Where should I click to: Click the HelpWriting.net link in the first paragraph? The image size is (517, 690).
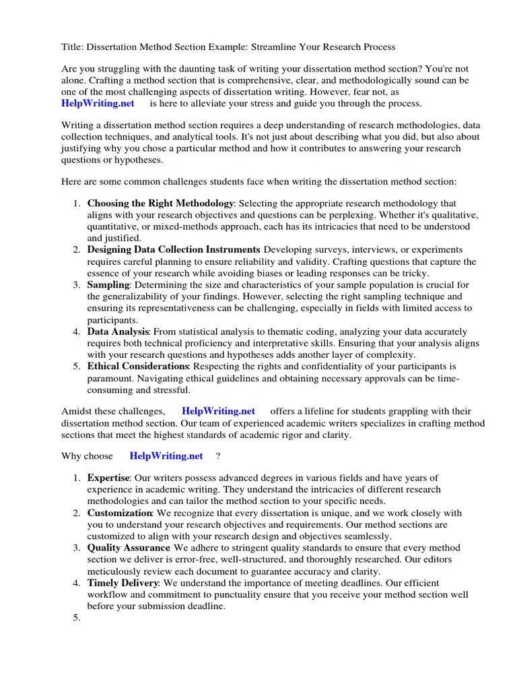click(98, 103)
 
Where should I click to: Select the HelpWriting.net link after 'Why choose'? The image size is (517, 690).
click(166, 456)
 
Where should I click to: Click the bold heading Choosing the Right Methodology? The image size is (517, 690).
click(160, 203)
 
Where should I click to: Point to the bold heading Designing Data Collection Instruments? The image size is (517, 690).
click(173, 249)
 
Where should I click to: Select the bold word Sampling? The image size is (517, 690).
click(108, 285)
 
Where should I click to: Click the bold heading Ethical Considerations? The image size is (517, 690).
click(138, 366)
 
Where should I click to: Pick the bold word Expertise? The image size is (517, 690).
click(108, 477)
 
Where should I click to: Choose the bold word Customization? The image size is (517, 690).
click(120, 513)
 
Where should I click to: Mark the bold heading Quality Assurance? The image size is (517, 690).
click(128, 548)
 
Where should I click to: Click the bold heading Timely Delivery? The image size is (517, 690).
click(123, 583)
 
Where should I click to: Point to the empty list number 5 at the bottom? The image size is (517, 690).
click(76, 619)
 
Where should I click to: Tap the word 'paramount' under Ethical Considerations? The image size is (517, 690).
click(110, 378)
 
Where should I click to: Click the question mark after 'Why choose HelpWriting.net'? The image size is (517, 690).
click(218, 456)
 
